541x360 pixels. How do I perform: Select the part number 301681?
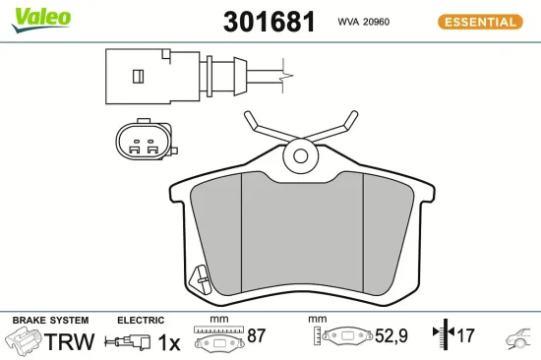click(270, 22)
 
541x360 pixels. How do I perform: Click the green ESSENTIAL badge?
click(478, 22)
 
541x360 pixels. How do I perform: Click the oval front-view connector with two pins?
click(144, 144)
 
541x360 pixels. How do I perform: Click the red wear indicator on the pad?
click(201, 279)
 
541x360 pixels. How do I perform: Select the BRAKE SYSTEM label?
click(50, 321)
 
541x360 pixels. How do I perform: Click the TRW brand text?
click(72, 341)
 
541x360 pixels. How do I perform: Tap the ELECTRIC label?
click(140, 321)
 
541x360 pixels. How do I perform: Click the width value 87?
click(257, 336)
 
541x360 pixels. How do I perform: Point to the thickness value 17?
click(465, 336)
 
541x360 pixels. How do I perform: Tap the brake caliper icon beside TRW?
click(25, 341)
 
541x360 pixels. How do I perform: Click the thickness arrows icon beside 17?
click(441, 335)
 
